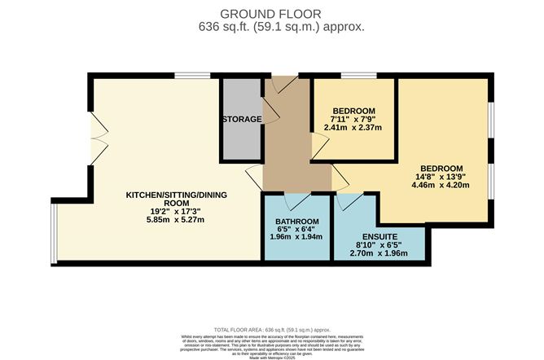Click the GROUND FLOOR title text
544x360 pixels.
[x=270, y=13]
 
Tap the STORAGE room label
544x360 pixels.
[x=242, y=119]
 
